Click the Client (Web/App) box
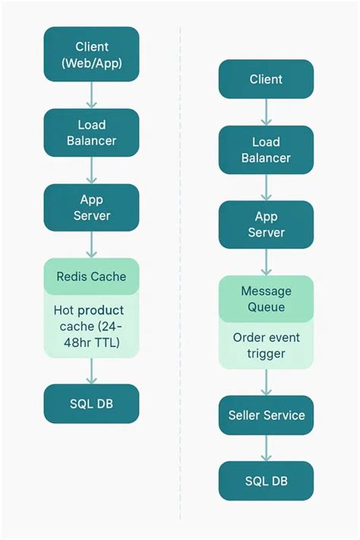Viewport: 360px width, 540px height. pos(91,55)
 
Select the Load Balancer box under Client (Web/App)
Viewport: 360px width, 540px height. pos(91,133)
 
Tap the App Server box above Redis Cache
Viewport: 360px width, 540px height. pos(91,207)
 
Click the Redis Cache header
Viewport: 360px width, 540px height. pos(91,276)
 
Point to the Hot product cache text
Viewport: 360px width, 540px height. pos(88,311)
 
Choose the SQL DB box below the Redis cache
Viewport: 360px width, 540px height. pos(91,403)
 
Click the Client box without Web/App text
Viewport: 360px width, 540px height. pos(266,79)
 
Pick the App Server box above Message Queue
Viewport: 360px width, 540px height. pos(266,224)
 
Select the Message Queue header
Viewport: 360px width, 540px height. pos(266,299)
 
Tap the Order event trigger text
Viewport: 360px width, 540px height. pos(266,346)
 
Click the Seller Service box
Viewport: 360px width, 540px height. pos(266,415)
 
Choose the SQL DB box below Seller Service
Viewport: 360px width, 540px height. pos(266,481)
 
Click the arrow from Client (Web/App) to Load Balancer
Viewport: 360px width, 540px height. pos(91,95)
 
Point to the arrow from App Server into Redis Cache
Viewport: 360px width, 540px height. pos(91,245)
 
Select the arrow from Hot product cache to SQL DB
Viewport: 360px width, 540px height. pos(91,371)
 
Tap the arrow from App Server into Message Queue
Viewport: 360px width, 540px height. pos(266,262)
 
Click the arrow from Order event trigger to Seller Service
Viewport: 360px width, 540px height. pos(266,382)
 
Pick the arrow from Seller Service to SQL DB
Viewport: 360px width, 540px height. pos(266,448)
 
